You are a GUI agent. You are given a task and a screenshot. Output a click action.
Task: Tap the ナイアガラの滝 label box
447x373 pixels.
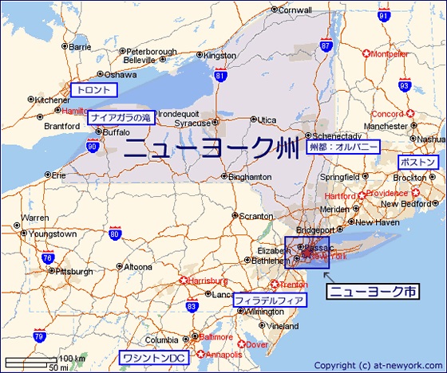(x=121, y=117)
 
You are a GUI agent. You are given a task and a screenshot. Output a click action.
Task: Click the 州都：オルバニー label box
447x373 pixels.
(x=344, y=147)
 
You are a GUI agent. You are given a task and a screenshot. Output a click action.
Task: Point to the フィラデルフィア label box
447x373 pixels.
(x=269, y=300)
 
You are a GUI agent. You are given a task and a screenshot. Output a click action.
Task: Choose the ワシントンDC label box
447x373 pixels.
(x=152, y=359)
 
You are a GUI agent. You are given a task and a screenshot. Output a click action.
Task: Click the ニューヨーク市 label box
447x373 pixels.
(x=374, y=292)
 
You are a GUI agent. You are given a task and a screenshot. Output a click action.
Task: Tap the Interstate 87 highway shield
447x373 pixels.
(x=326, y=46)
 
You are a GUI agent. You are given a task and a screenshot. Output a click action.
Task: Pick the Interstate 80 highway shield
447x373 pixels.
(x=115, y=234)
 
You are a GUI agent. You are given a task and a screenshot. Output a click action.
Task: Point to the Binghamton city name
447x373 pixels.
(x=250, y=177)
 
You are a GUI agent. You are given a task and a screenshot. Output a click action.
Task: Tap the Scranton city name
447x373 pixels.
(x=257, y=216)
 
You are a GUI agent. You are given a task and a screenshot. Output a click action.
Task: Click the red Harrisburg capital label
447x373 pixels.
(x=208, y=281)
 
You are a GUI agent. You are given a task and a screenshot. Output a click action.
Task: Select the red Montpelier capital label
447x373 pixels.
(x=390, y=54)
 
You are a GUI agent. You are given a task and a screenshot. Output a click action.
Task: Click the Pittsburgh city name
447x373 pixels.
(x=75, y=271)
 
